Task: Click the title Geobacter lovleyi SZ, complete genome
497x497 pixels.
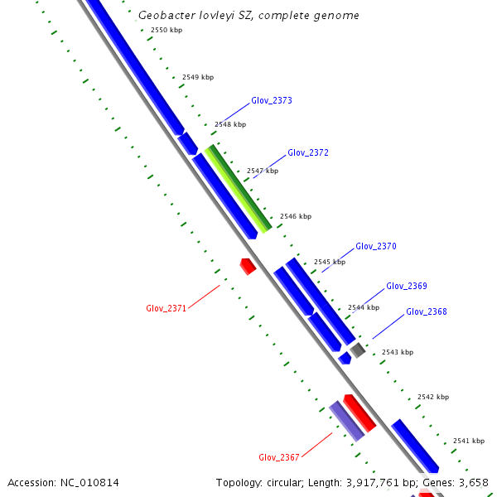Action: click(x=248, y=16)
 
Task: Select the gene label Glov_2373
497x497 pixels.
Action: click(x=272, y=100)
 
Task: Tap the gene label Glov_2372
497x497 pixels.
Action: click(x=308, y=152)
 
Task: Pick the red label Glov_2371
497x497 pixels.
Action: click(x=166, y=308)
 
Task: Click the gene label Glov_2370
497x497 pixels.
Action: click(x=376, y=246)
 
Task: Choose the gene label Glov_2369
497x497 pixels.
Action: click(x=407, y=286)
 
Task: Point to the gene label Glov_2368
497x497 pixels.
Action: click(x=427, y=311)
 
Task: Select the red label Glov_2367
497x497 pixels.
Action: click(x=279, y=457)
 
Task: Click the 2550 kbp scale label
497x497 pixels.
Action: click(x=166, y=30)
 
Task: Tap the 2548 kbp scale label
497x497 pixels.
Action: click(x=230, y=124)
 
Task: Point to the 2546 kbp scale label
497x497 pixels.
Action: click(x=296, y=216)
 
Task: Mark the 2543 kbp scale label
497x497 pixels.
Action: click(x=397, y=352)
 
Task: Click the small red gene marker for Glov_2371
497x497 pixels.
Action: click(x=247, y=266)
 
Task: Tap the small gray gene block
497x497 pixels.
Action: click(x=357, y=350)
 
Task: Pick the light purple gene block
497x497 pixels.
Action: click(x=347, y=421)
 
